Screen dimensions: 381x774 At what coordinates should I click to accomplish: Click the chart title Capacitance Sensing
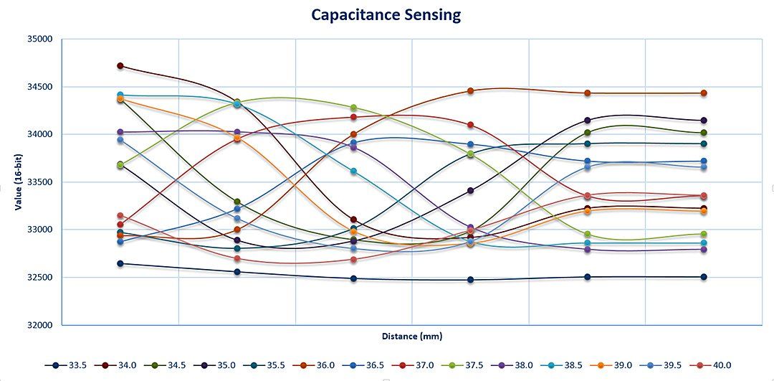pos(386,14)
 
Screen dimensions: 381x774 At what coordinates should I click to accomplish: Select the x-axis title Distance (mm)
pos(411,336)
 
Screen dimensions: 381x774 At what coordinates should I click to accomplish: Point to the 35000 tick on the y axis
pos(39,39)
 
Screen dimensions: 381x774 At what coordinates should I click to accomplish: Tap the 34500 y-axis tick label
pos(39,88)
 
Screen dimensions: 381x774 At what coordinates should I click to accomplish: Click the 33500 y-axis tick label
pos(39,182)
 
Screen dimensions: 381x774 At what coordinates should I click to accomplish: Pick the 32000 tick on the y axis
pos(39,325)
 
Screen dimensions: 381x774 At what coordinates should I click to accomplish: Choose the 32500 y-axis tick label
pos(39,278)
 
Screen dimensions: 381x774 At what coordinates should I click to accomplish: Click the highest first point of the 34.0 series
pos(120,66)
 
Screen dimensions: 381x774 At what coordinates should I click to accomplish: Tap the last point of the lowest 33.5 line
pos(704,277)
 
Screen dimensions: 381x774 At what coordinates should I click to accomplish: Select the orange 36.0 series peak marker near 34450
pos(470,91)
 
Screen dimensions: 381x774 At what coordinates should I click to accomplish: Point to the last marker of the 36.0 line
pos(704,93)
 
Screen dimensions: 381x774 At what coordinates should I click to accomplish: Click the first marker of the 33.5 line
pos(120,263)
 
